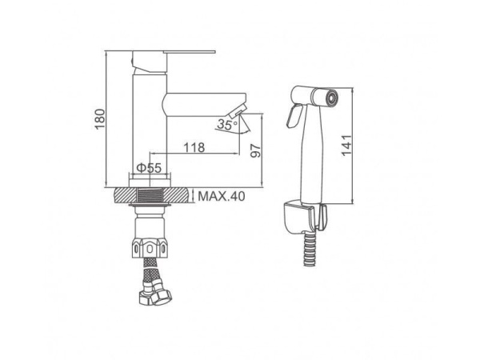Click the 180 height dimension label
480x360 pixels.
click(100, 118)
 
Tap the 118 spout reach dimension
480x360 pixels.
click(194, 147)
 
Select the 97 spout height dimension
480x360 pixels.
click(256, 150)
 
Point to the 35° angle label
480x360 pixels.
click(227, 125)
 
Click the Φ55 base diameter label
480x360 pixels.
click(149, 168)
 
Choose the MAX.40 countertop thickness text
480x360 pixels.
click(222, 196)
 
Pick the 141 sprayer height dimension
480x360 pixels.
click(347, 145)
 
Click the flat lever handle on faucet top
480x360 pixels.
click(190, 52)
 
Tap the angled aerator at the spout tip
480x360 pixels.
click(237, 110)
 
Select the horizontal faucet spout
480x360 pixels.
click(205, 105)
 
